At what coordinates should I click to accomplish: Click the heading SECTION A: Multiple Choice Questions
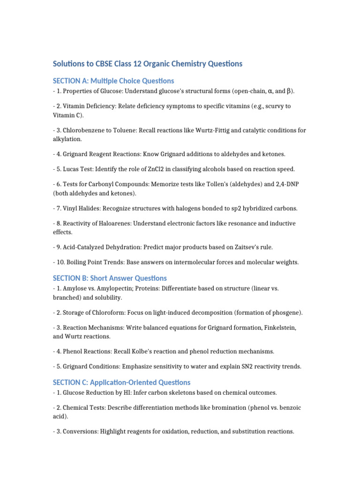tap(113, 81)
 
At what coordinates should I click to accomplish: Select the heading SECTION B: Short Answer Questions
tap(110, 278)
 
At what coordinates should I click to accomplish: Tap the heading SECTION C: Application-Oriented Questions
tap(122, 382)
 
